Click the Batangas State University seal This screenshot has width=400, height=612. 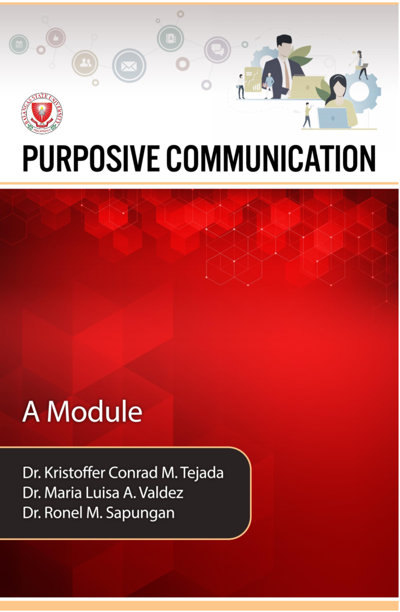point(42,113)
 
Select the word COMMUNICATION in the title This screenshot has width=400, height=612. point(271,158)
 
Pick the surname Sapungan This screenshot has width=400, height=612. point(140,513)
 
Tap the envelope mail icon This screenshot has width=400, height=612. point(129,66)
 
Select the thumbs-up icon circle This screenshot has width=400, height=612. point(55,38)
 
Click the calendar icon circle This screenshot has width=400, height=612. point(19,44)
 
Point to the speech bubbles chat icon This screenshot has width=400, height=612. point(217,50)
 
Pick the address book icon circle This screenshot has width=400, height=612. point(170,38)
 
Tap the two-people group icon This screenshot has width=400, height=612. point(85,63)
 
